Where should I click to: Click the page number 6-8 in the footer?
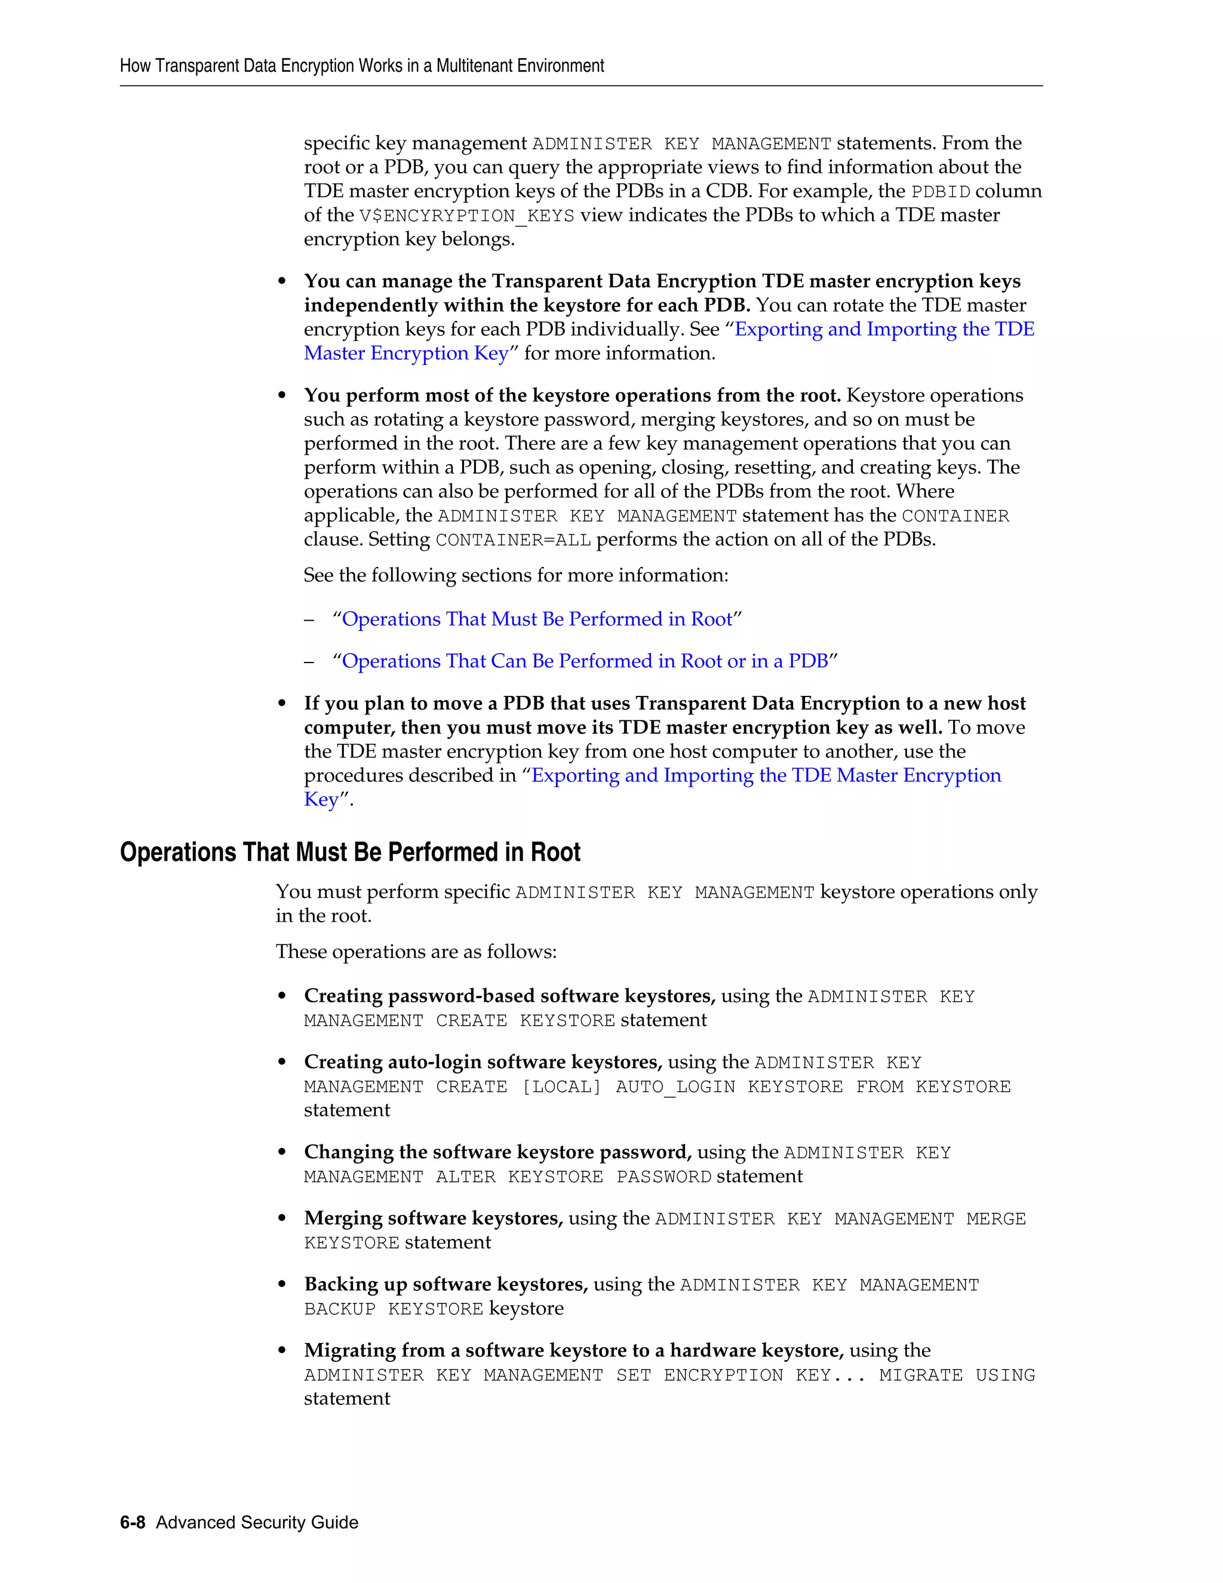point(133,1522)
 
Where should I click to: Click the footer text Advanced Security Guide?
point(257,1522)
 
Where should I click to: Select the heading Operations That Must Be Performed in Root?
point(350,852)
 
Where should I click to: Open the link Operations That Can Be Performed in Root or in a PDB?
point(585,661)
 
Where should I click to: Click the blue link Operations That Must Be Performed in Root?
point(537,619)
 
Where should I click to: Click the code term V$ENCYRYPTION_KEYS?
point(466,216)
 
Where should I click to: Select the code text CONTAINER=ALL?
point(513,541)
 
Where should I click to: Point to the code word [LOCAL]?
point(561,1087)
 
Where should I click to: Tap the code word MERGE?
point(995,1219)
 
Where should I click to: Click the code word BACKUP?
point(340,1309)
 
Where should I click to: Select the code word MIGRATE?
point(920,1375)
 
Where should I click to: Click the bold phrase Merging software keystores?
point(434,1219)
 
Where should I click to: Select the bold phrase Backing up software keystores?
point(445,1284)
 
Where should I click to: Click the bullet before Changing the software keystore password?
point(282,1153)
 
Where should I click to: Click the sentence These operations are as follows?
point(416,952)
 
